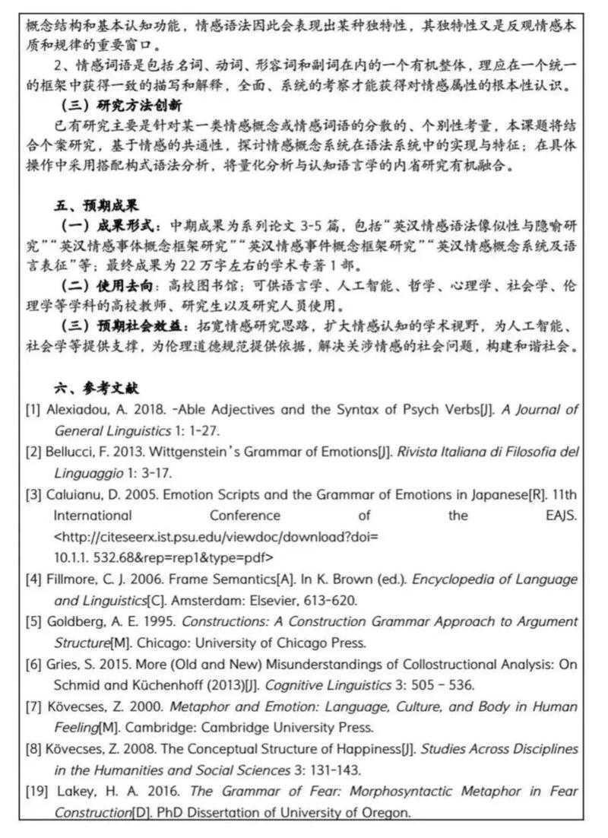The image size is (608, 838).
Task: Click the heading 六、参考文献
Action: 96,387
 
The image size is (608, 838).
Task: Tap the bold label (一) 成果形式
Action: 109,226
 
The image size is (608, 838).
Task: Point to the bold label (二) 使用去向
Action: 109,287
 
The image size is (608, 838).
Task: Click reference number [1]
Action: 33,410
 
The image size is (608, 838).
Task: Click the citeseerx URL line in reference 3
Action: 216,537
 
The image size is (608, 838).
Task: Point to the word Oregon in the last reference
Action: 388,812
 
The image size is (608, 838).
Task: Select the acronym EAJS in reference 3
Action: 561,516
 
